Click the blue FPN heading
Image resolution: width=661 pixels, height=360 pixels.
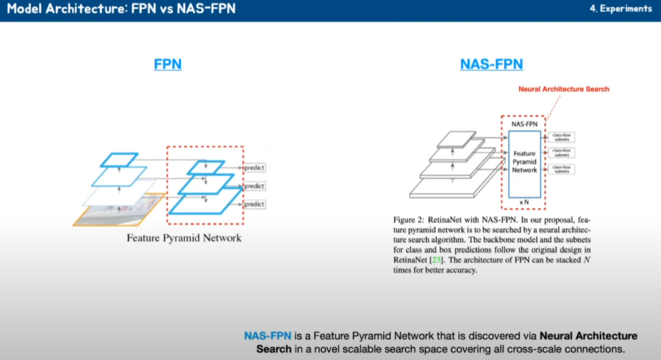[x=168, y=65]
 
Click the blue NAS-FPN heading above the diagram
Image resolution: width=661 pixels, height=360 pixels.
[x=491, y=65]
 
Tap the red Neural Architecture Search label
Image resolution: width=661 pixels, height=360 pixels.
[x=564, y=89]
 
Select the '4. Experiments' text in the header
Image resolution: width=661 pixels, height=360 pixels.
[x=621, y=9]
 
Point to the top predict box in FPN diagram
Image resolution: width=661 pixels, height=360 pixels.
[x=253, y=168]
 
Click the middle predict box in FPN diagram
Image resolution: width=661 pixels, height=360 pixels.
[x=253, y=186]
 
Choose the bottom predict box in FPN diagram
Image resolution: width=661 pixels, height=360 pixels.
[x=253, y=204]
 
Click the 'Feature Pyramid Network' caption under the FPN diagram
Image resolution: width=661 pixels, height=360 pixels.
[x=184, y=238]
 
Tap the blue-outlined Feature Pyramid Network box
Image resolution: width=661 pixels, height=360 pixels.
[x=525, y=163]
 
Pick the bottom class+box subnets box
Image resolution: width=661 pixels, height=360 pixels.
[x=561, y=170]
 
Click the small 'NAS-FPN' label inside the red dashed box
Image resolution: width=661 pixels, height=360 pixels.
[x=524, y=124]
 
